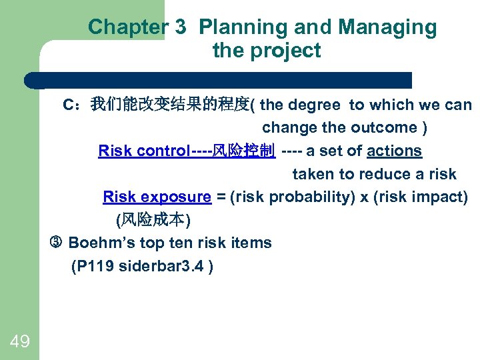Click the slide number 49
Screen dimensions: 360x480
pyautogui.click(x=20, y=342)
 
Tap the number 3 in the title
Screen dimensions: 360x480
pyautogui.click(x=181, y=27)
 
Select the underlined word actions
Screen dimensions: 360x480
pyautogui.click(x=394, y=151)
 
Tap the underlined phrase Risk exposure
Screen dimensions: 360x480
pyautogui.click(x=157, y=197)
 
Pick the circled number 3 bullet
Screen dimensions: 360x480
pyautogui.click(x=56, y=243)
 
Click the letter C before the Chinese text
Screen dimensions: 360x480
pyautogui.click(x=68, y=105)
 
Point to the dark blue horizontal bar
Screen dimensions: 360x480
pyautogui.click(x=220, y=81)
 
